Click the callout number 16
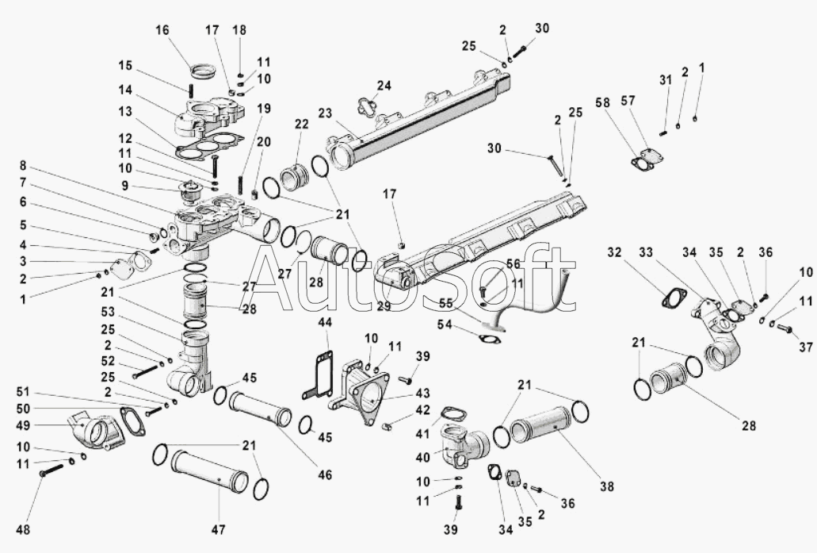pyautogui.click(x=162, y=29)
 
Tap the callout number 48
pyautogui.click(x=23, y=529)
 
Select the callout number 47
pyautogui.click(x=219, y=529)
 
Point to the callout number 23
pyautogui.click(x=325, y=113)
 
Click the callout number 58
pyautogui.click(x=603, y=103)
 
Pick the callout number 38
pyautogui.click(x=607, y=486)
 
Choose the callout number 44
pyautogui.click(x=325, y=323)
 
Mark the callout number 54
pyautogui.click(x=445, y=325)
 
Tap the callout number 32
pyautogui.click(x=614, y=252)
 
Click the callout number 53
pyautogui.click(x=108, y=312)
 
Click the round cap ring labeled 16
pyautogui.click(x=202, y=69)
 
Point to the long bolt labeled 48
pyautogui.click(x=51, y=470)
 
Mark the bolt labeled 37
pyautogui.click(x=784, y=328)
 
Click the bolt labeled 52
pyautogui.click(x=145, y=371)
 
